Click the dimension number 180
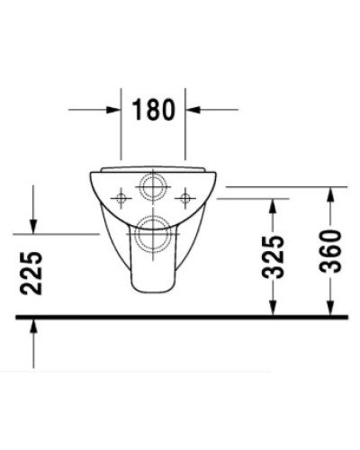[154, 112]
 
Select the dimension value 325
[275, 256]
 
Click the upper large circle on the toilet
[152, 186]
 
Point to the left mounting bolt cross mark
[120, 195]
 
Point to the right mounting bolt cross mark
[185, 195]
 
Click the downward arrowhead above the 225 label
[33, 227]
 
